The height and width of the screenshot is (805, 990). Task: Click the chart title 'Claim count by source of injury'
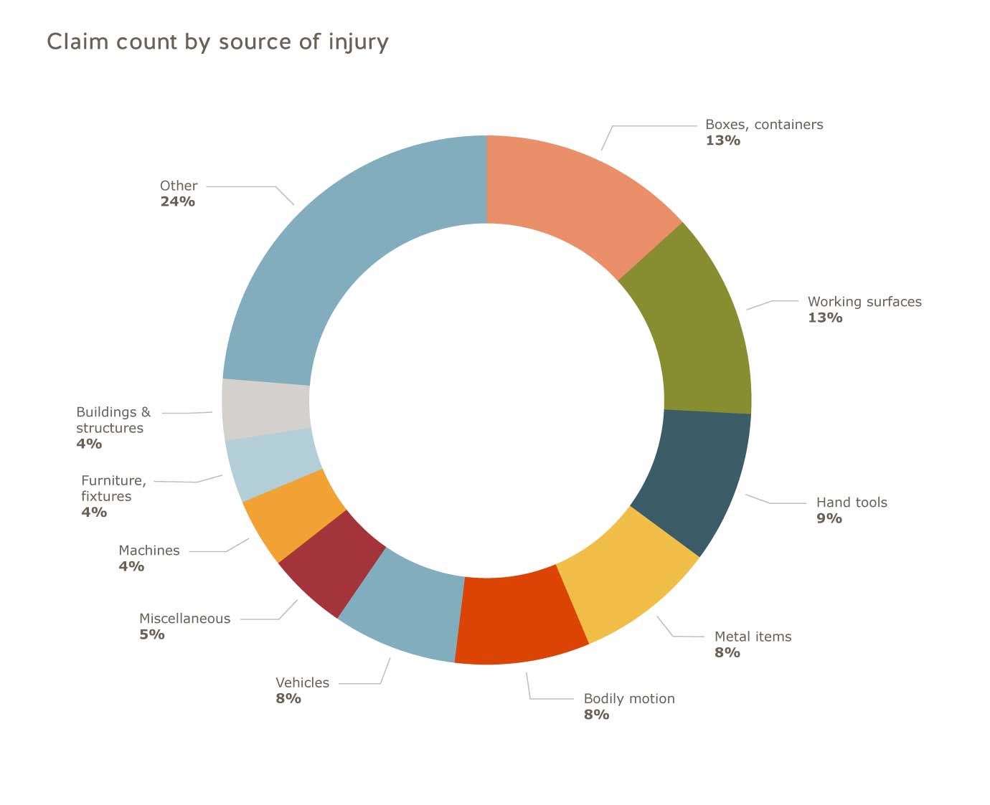[x=217, y=42]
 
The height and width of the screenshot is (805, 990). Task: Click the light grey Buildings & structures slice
[x=266, y=409]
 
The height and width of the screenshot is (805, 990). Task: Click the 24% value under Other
[x=177, y=201]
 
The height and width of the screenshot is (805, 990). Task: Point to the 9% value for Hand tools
[x=829, y=518]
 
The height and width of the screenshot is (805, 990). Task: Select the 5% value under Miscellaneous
[x=151, y=634]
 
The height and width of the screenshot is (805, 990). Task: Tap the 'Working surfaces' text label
[x=864, y=302]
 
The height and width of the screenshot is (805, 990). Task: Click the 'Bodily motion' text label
[x=629, y=699]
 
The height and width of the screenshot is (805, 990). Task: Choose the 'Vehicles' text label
[x=302, y=683]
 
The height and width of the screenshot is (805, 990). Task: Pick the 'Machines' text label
[x=148, y=551]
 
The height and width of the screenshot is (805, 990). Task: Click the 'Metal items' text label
[x=753, y=637]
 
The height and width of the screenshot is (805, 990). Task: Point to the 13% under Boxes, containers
[x=722, y=140]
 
